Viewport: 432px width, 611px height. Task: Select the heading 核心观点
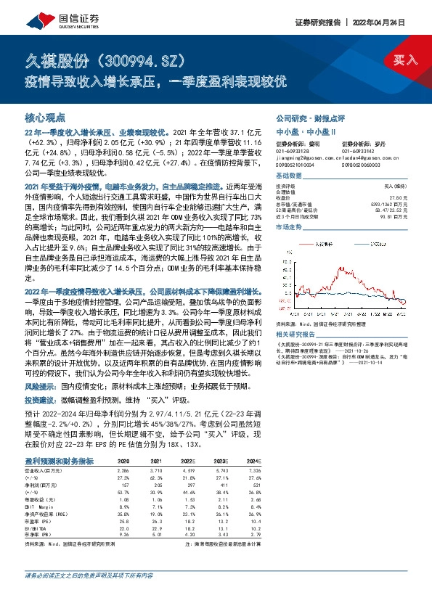[45, 116]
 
